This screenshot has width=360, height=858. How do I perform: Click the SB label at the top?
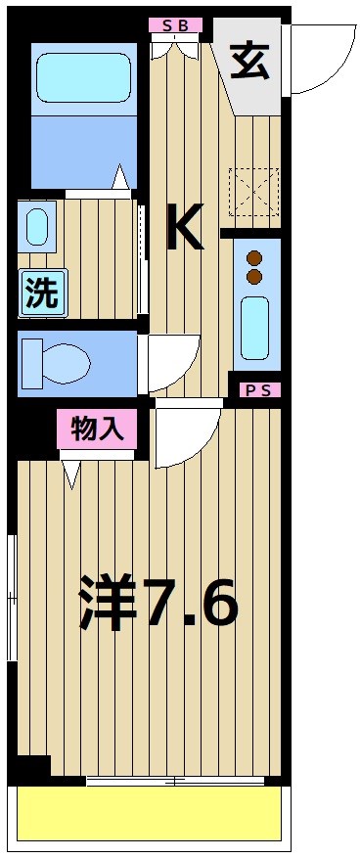pos(176,24)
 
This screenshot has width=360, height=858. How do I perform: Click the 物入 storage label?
pos(96,429)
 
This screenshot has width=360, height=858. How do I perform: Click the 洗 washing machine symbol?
pos(41,294)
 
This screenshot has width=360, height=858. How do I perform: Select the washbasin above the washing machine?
pos(37,227)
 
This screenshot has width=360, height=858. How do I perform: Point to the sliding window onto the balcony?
pos(176,781)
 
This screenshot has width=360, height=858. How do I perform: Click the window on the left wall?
pos(11,598)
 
